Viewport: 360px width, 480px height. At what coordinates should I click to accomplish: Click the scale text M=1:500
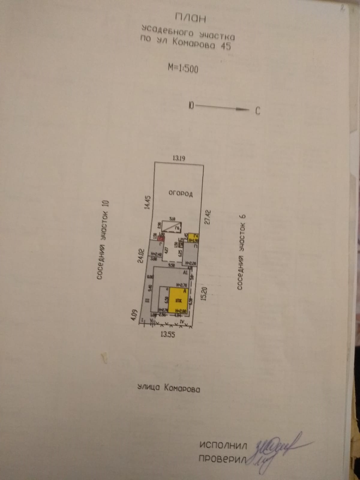[183, 68]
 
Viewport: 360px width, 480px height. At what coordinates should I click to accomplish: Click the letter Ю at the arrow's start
[191, 105]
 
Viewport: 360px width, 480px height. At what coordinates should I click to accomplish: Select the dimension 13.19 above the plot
[178, 158]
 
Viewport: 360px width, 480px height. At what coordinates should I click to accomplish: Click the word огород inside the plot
[180, 193]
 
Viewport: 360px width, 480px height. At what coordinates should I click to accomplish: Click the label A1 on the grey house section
[185, 273]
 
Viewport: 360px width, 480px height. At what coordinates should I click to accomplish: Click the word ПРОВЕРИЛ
[222, 459]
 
